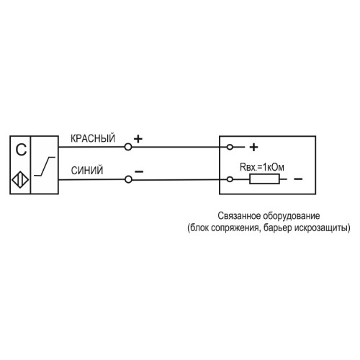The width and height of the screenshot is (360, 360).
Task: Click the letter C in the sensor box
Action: (21, 150)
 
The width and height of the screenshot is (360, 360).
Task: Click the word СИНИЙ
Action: (87, 171)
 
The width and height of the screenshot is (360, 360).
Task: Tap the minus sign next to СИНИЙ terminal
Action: (138, 171)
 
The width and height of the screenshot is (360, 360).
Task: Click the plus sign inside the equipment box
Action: (253, 147)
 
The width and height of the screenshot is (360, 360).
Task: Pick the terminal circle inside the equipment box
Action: (230, 146)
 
